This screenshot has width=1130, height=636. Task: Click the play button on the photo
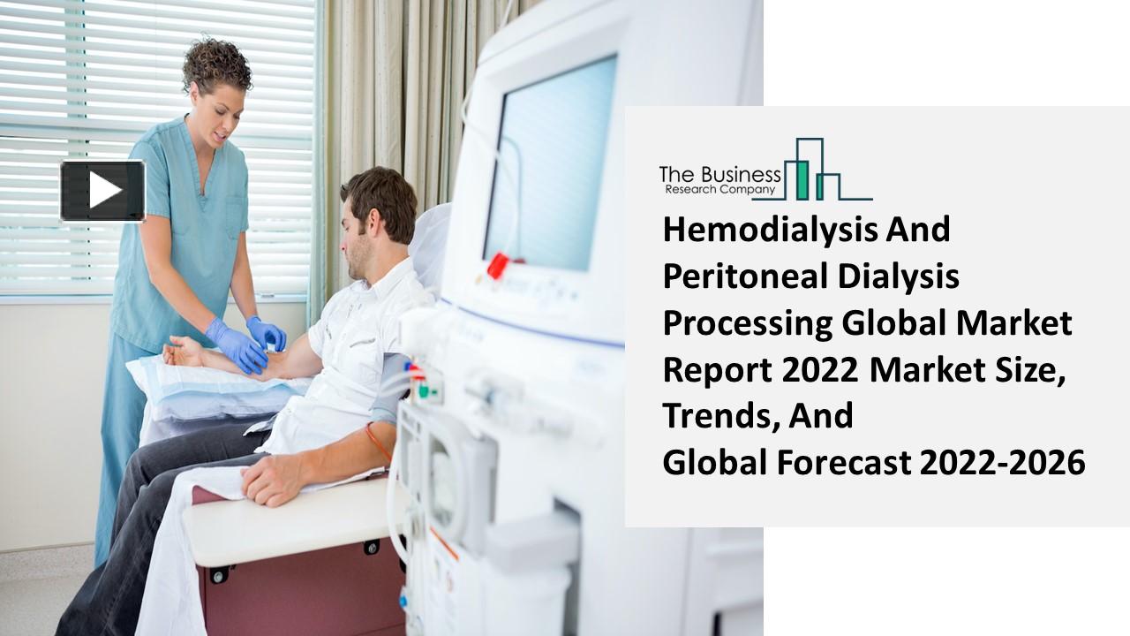coord(102,190)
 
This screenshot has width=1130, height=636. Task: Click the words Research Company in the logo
coord(719,189)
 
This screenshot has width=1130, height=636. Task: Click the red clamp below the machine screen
coord(500,264)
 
